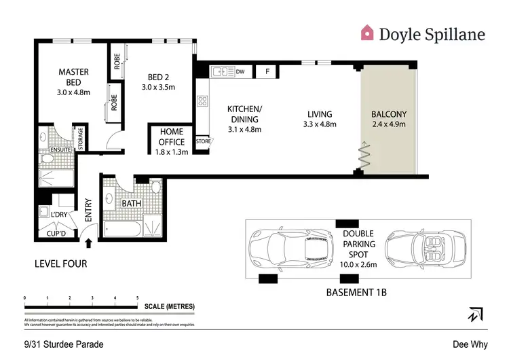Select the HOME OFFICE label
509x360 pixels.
(x=172, y=137)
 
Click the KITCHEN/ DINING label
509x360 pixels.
(x=244, y=114)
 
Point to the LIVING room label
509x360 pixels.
(x=318, y=114)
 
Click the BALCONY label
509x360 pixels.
(x=390, y=114)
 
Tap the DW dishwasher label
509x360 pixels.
(x=240, y=71)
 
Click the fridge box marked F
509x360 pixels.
(x=267, y=71)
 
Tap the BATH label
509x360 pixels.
(x=131, y=203)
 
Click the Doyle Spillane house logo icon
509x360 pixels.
(x=366, y=32)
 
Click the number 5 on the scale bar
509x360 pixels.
(x=138, y=298)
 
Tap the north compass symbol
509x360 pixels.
(x=474, y=314)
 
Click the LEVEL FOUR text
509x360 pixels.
(x=60, y=263)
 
